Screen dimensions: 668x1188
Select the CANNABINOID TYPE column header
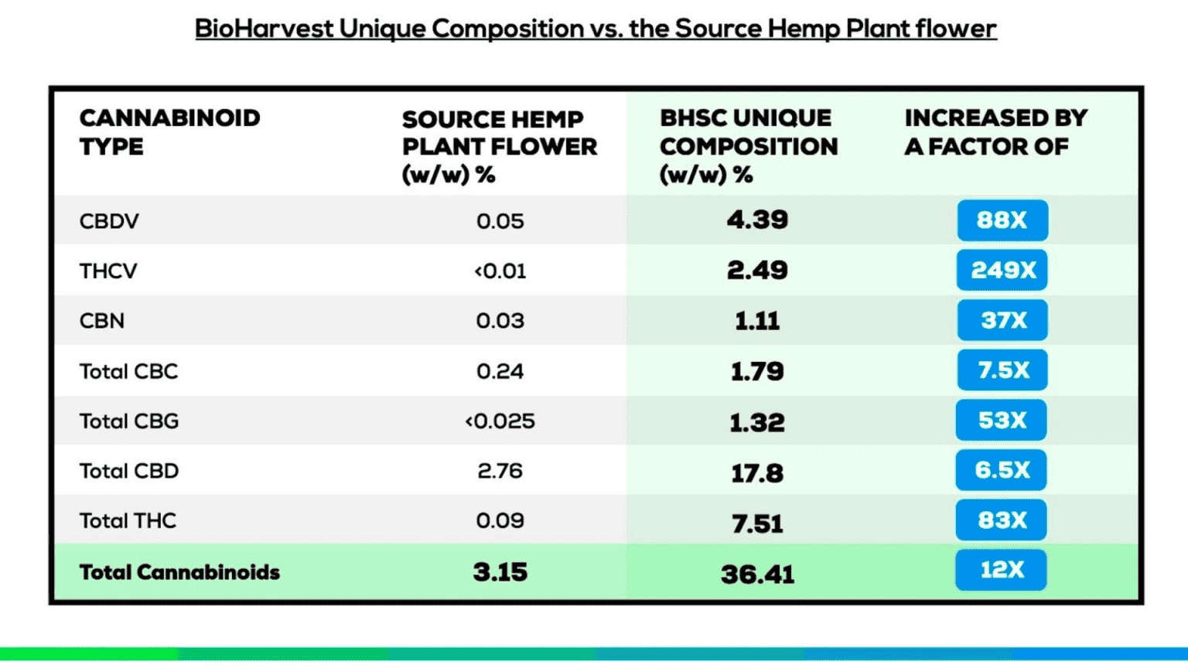pyautogui.click(x=169, y=132)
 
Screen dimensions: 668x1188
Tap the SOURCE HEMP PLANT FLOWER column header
pyautogui.click(x=499, y=146)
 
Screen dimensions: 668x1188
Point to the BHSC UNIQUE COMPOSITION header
pyautogui.click(x=748, y=146)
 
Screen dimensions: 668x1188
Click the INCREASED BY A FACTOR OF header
pyautogui.click(x=995, y=132)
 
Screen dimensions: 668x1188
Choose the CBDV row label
pyautogui.click(x=109, y=221)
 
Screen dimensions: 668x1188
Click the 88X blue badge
pyautogui.click(x=1002, y=220)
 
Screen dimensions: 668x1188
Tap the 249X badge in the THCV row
pyautogui.click(x=1002, y=270)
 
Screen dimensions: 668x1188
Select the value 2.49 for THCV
pyautogui.click(x=757, y=270)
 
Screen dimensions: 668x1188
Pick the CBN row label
pyautogui.click(x=102, y=321)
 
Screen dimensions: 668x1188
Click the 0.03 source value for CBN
pyautogui.click(x=500, y=321)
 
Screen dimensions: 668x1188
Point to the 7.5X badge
pyautogui.click(x=1002, y=370)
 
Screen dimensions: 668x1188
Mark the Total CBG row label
pyautogui.click(x=129, y=421)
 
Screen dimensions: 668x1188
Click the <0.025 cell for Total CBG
pyautogui.click(x=500, y=421)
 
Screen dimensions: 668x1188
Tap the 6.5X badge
pyautogui.click(x=1002, y=470)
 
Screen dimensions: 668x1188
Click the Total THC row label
pyautogui.click(x=128, y=521)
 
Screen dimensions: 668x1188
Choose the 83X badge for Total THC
pyautogui.click(x=1002, y=520)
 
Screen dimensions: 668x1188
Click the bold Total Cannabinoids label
pyautogui.click(x=179, y=572)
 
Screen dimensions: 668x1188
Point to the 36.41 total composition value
pyautogui.click(x=757, y=574)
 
